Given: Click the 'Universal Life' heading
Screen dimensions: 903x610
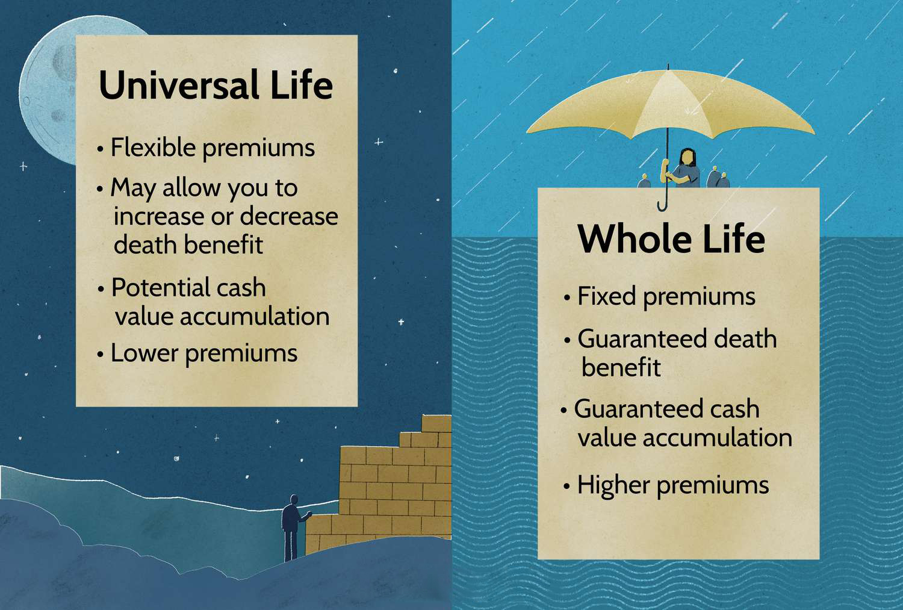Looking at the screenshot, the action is (216, 85).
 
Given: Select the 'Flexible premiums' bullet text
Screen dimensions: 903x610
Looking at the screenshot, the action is (213, 148).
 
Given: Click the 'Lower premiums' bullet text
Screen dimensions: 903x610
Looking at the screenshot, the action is (204, 354).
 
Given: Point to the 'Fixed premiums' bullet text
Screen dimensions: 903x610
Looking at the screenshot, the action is (666, 297).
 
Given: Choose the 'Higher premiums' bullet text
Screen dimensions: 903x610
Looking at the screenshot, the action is (673, 485).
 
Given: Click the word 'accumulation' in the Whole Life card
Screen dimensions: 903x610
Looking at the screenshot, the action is (718, 438).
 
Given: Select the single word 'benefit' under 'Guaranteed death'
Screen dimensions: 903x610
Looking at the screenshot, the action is (621, 367).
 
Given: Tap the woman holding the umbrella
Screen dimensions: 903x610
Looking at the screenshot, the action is (681, 169).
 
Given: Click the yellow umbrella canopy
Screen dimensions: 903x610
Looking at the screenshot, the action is (669, 107).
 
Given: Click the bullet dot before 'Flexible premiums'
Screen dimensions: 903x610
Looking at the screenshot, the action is (100, 149).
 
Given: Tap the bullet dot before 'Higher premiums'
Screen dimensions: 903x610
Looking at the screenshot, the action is (567, 486).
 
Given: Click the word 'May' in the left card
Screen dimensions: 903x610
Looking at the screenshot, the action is (132, 188).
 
